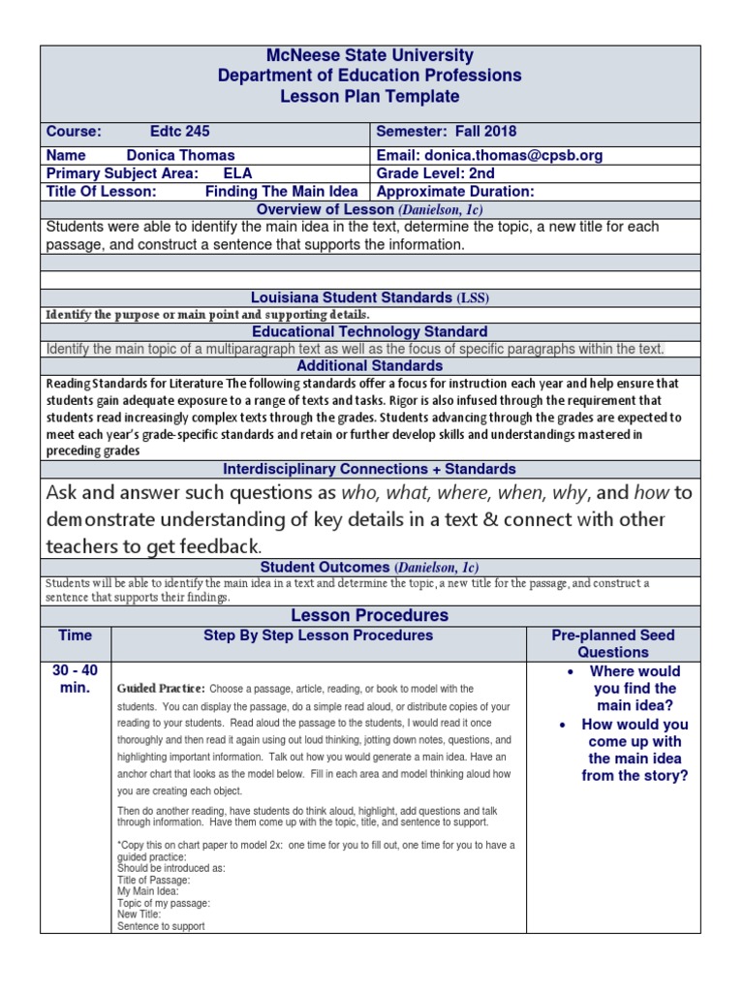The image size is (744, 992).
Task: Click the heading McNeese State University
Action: click(371, 55)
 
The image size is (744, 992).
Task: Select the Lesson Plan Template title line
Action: click(371, 96)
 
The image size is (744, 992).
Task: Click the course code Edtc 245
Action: click(180, 132)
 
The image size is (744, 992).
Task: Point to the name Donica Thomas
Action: click(180, 155)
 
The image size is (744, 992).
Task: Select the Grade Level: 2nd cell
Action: click(435, 173)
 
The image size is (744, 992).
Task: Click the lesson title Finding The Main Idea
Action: click(281, 192)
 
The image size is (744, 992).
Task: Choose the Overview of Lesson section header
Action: click(369, 209)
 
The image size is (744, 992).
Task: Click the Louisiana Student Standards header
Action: click(369, 297)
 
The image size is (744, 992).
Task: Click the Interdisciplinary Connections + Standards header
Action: click(370, 469)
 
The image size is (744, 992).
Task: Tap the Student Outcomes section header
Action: click(369, 567)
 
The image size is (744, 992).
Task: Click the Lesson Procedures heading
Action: click(370, 615)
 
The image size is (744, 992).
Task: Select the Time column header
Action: click(76, 635)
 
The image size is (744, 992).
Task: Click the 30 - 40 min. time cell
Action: click(76, 679)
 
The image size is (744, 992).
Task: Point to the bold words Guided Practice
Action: click(161, 688)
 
